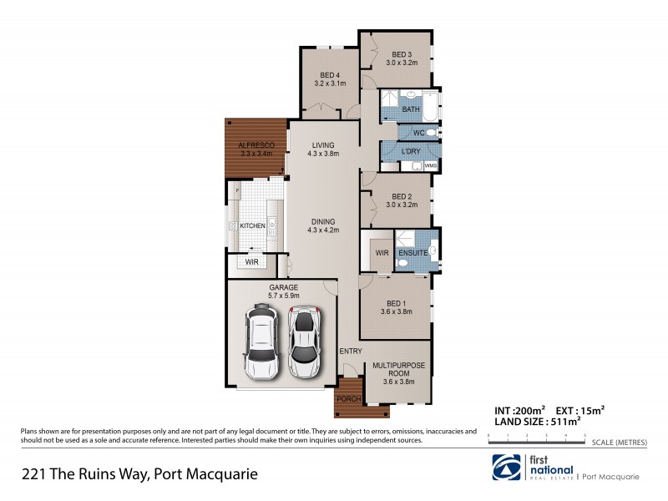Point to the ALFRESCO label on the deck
click(256, 145)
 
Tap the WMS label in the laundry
click(431, 166)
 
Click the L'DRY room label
click(410, 151)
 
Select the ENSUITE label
click(412, 252)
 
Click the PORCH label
click(349, 399)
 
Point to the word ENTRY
click(350, 351)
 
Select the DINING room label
click(323, 221)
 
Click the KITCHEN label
click(253, 226)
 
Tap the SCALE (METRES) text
click(617, 443)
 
